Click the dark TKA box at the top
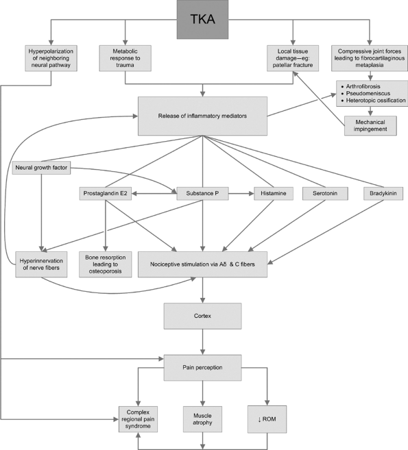[x=202, y=19]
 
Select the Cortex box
[x=202, y=316]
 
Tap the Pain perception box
[x=202, y=368]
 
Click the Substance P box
[x=202, y=193]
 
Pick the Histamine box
[x=274, y=193]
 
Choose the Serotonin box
[x=325, y=193]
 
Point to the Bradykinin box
[x=383, y=193]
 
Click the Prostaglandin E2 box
[x=106, y=193]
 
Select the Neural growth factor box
[x=41, y=168]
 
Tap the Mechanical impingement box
[x=370, y=126]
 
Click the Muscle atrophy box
[x=202, y=419]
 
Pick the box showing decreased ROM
[x=267, y=419]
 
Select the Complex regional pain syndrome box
[x=139, y=419]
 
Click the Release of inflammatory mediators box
[x=202, y=116]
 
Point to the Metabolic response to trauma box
[x=125, y=58]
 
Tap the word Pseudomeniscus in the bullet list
[x=368, y=94]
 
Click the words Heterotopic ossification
[x=376, y=101]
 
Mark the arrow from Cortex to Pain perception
[x=202, y=342]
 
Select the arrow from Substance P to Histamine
[x=241, y=193]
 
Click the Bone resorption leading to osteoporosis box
[x=106, y=264]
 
